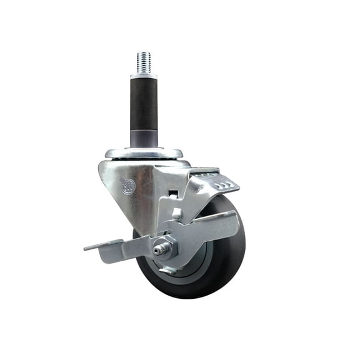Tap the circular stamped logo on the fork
(127, 186)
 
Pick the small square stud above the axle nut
(177, 214)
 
